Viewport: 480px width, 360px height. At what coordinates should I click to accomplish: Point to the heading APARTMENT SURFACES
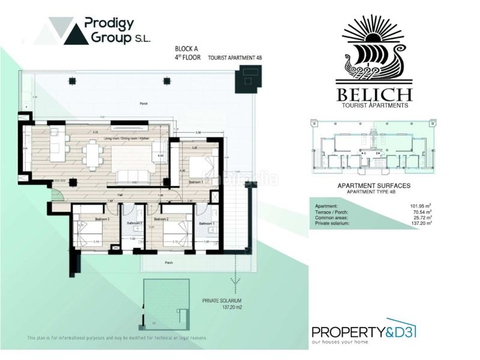tap(374, 186)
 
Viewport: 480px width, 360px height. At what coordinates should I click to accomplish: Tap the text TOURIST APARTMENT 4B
tap(235, 59)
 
